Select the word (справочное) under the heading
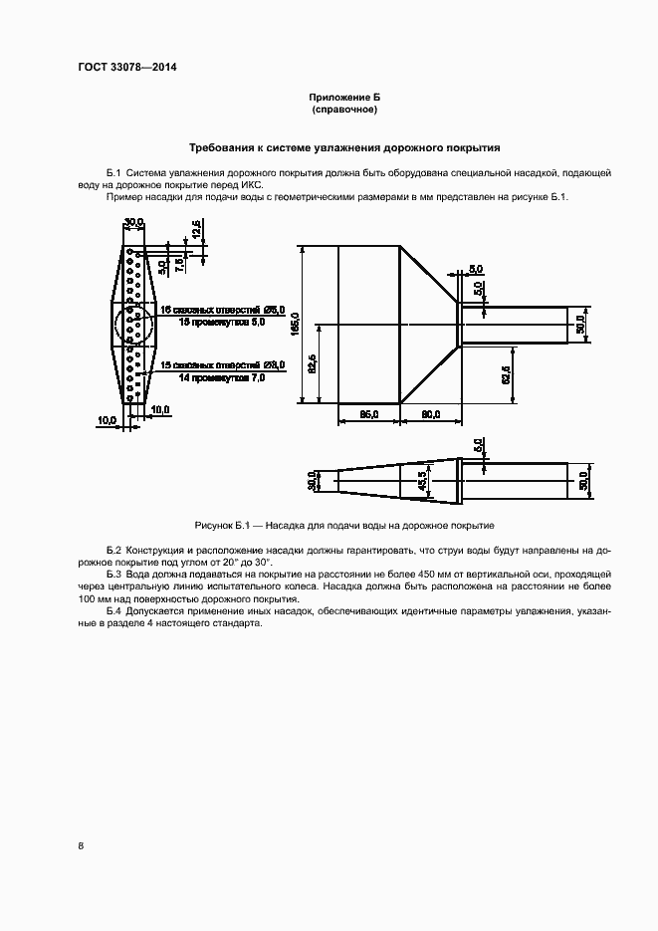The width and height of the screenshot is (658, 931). click(344, 109)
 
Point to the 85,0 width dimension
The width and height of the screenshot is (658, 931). click(368, 414)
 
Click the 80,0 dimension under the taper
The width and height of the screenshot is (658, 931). click(429, 414)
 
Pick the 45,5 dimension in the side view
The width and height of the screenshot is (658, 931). click(422, 480)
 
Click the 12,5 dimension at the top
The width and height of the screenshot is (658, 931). click(197, 229)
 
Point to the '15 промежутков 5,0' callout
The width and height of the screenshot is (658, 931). click(222, 323)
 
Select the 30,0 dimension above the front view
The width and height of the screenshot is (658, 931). click(133, 221)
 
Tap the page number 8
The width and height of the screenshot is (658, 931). click(80, 846)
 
